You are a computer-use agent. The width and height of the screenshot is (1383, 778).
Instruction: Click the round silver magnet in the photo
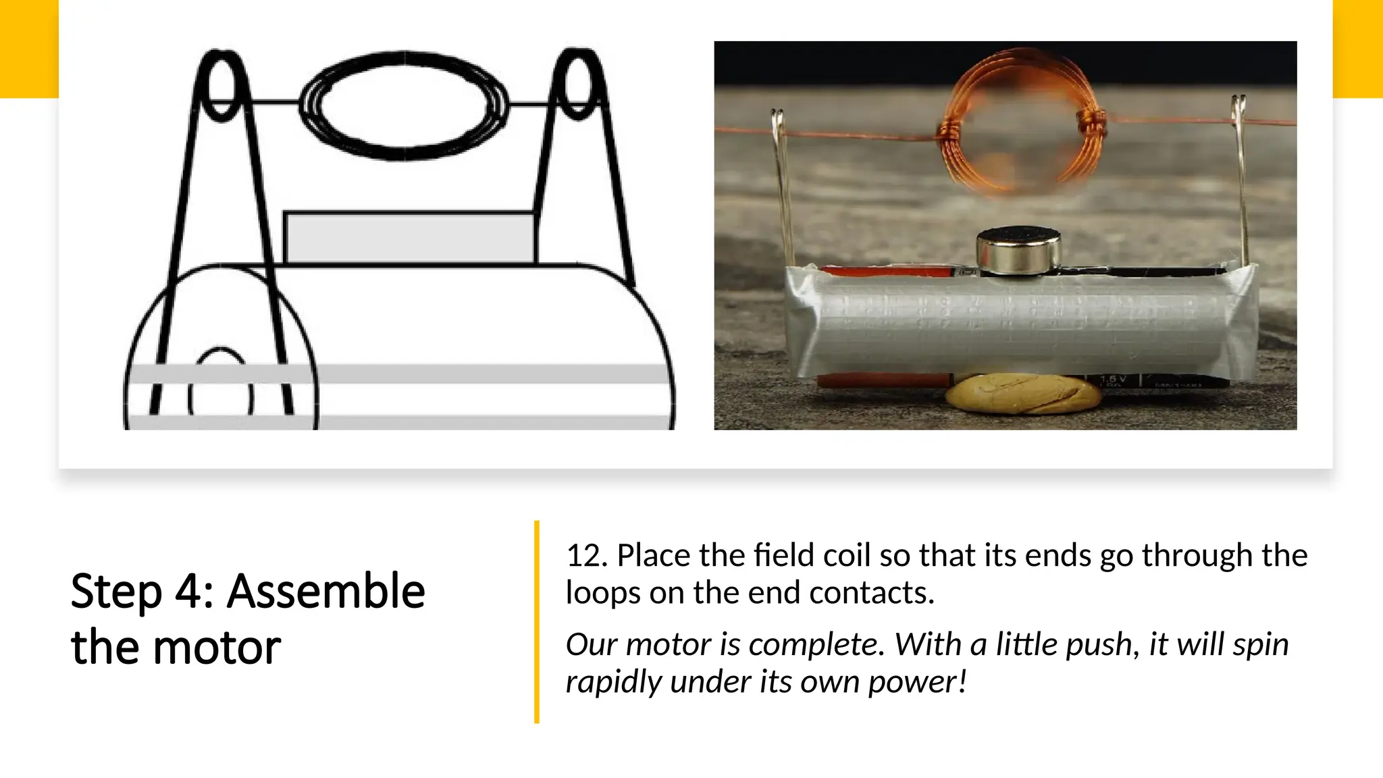pyautogui.click(x=1018, y=251)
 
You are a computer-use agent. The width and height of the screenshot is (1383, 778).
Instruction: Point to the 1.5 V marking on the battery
pyautogui.click(x=1112, y=380)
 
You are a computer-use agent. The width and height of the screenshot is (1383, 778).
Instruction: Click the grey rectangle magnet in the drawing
pyautogui.click(x=410, y=238)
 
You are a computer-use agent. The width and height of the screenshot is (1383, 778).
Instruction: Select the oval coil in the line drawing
pyautogui.click(x=404, y=105)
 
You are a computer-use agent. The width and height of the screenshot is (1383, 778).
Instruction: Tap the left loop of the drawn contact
pyautogui.click(x=222, y=86)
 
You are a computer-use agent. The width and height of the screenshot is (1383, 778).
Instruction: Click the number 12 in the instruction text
pyautogui.click(x=586, y=556)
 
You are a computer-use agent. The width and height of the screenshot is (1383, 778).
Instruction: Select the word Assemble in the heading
pyautogui.click(x=325, y=592)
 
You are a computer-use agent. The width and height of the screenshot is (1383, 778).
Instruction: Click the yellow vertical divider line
pyautogui.click(x=537, y=621)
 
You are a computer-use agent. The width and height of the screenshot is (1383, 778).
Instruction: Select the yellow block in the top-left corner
pyautogui.click(x=29, y=49)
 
